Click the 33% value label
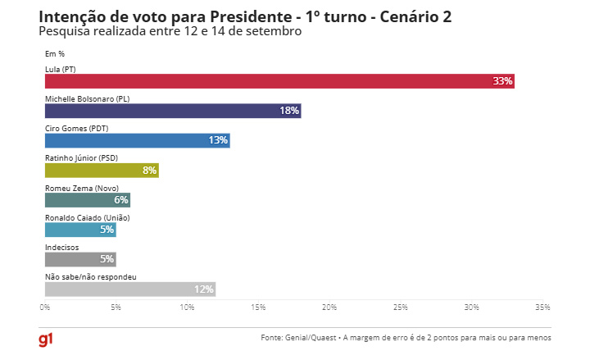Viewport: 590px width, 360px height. pyautogui.click(x=502, y=81)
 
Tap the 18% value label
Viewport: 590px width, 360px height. pyautogui.click(x=289, y=111)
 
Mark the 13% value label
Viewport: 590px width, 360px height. pyautogui.click(x=218, y=140)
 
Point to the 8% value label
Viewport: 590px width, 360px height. pyautogui.click(x=149, y=171)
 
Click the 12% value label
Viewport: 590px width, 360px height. pyautogui.click(x=203, y=289)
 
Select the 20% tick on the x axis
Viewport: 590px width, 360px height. pyautogui.click(x=329, y=308)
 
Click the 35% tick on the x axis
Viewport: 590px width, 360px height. pyautogui.click(x=542, y=308)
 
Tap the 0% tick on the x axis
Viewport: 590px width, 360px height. pyautogui.click(x=46, y=308)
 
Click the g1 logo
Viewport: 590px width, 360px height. pyautogui.click(x=47, y=339)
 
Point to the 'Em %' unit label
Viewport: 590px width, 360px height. pyautogui.click(x=55, y=54)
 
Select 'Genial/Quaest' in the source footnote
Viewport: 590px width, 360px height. pyautogui.click(x=313, y=338)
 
